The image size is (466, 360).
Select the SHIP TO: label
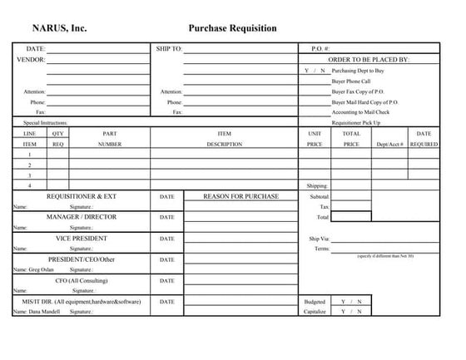point(169,49)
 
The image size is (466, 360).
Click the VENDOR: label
point(31,60)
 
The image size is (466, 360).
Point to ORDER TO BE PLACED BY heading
point(369,60)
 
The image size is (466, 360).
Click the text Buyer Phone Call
point(353,81)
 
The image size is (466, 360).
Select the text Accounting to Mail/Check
point(360,111)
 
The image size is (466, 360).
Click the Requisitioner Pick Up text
point(356,122)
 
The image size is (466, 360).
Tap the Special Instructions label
point(46,122)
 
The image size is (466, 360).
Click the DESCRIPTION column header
point(224,144)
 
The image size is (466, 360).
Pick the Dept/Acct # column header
point(389,144)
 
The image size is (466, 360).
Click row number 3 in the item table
point(30,175)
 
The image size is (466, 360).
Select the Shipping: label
point(318,186)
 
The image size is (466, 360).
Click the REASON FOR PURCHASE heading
point(240,196)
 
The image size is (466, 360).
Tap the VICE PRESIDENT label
point(82,238)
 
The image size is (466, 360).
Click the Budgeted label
point(315,301)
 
